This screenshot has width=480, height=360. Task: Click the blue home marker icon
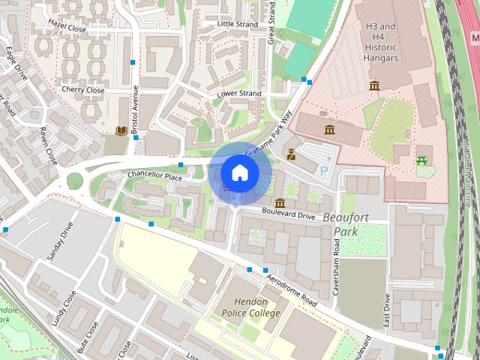pos(239,172)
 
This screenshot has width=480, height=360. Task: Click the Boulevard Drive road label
pos(289,215)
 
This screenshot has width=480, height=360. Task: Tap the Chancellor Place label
pos(154,177)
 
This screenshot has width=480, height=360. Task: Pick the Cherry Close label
pos(83,90)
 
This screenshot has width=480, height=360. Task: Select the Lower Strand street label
pos(238,94)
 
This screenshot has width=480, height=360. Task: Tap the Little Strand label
pos(236,24)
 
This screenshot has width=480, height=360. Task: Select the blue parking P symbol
pos(324,171)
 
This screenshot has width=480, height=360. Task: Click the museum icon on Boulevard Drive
pos(280,203)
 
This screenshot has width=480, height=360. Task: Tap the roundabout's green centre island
pos(75,181)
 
